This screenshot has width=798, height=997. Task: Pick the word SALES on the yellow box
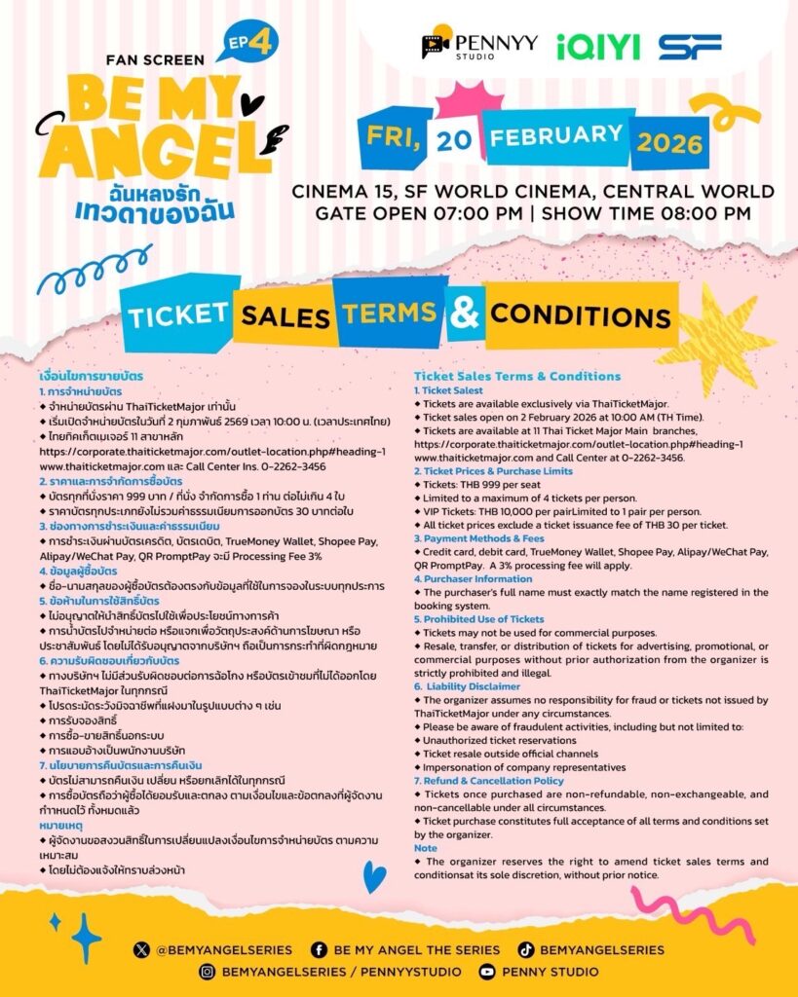tap(285, 315)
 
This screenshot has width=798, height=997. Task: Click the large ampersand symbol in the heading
tap(467, 314)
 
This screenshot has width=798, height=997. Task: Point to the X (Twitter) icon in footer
tap(143, 948)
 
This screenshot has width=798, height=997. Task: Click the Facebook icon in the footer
tap(319, 948)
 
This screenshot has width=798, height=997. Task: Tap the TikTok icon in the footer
tap(525, 948)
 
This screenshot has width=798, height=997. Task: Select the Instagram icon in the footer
tap(207, 971)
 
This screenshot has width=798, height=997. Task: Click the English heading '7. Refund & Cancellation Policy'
tap(488, 781)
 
